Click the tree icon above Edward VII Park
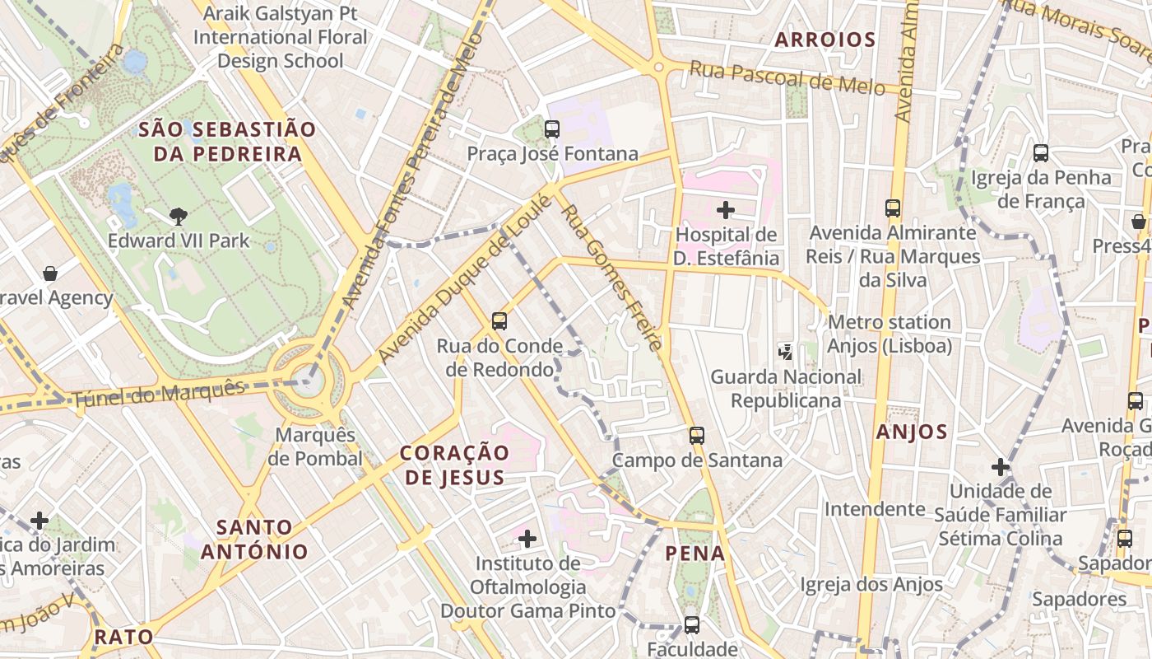(x=178, y=217)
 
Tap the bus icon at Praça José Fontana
(x=552, y=129)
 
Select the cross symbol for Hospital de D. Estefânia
(x=726, y=210)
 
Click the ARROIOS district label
(x=825, y=40)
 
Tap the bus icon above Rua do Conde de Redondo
(x=499, y=320)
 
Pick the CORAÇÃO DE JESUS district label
(x=454, y=465)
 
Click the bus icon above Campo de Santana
(x=697, y=435)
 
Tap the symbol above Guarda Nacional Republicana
(x=786, y=352)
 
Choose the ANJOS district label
(x=912, y=432)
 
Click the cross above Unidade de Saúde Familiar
(x=1001, y=467)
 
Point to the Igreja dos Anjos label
(x=871, y=585)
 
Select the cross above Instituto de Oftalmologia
(x=527, y=539)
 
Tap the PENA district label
(x=695, y=553)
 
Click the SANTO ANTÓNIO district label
(x=254, y=540)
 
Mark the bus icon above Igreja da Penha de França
(x=1041, y=152)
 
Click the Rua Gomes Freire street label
(x=611, y=278)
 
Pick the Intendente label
(x=875, y=508)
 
